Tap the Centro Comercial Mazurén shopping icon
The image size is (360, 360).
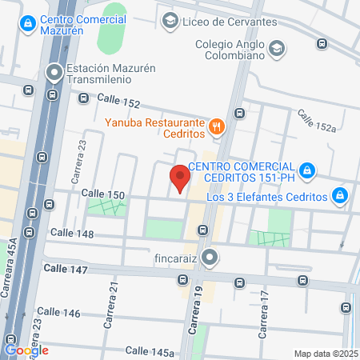[28, 22]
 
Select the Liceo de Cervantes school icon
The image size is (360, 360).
[170, 21]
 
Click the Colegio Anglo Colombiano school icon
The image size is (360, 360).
[276, 48]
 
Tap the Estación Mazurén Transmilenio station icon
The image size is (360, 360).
[54, 74]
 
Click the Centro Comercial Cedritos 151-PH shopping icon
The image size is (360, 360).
[306, 170]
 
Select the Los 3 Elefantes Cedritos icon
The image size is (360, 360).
[340, 195]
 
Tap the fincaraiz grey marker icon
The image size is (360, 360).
[210, 258]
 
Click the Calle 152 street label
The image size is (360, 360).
[118, 102]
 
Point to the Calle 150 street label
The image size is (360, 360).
[103, 194]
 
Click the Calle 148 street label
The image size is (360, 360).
[72, 234]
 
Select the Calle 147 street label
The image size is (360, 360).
[66, 270]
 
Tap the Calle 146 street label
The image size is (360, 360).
[58, 312]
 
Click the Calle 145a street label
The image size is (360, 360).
[150, 351]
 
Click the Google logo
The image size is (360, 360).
[26, 350]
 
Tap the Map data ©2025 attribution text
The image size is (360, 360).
[325, 354]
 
